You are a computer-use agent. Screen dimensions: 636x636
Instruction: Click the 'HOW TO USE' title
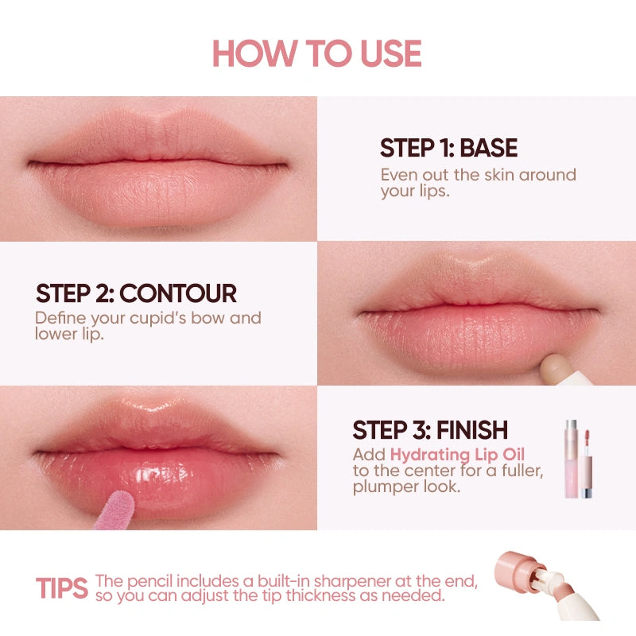click(x=317, y=52)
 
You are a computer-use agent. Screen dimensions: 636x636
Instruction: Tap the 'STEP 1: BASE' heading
click(x=448, y=148)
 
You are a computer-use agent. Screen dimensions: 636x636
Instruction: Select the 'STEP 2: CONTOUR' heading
click(x=136, y=293)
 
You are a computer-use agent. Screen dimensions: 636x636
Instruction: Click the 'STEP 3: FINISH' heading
click(x=430, y=430)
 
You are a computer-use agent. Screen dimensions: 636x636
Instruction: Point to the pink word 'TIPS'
click(x=61, y=588)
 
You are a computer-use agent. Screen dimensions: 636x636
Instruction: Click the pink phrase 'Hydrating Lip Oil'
click(x=457, y=455)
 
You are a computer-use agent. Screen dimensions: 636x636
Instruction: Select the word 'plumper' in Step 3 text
click(x=381, y=487)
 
